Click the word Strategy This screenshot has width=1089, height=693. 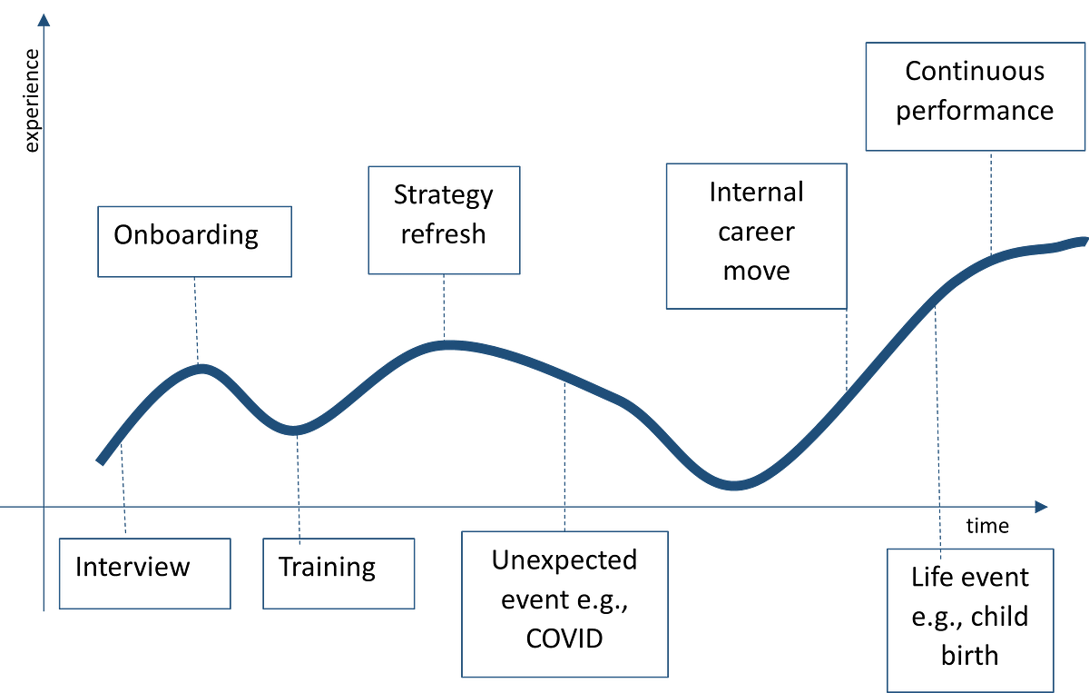[x=444, y=195]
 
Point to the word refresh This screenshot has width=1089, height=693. [x=444, y=234]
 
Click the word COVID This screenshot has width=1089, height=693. [x=564, y=639]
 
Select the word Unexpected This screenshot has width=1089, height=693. [x=564, y=560]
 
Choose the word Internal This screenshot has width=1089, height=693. [x=757, y=192]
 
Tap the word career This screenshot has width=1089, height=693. [x=757, y=233]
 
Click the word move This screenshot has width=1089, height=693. [x=757, y=271]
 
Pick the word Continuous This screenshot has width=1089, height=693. [x=975, y=71]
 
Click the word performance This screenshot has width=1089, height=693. [x=975, y=112]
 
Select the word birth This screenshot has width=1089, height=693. [x=970, y=655]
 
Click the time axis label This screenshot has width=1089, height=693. [x=987, y=526]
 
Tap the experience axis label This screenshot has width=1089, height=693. [x=32, y=101]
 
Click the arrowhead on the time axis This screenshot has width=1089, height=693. [x=1042, y=507]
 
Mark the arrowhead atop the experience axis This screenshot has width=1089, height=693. [x=44, y=20]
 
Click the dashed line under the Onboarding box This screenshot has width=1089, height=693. [x=196, y=321]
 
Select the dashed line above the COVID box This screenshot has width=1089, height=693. [x=564, y=457]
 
